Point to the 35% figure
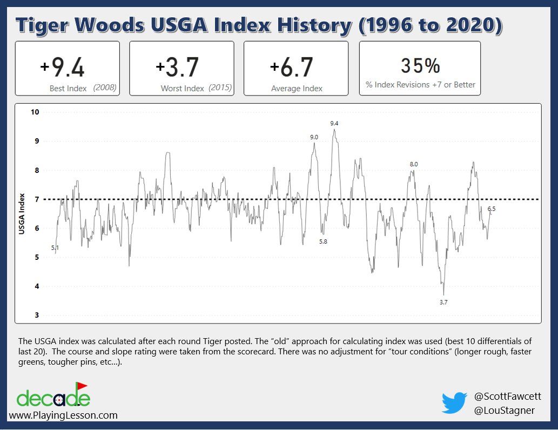point(420,65)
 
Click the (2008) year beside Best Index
point(104,88)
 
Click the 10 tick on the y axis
point(35,112)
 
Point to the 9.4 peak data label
point(334,124)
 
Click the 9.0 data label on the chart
point(314,138)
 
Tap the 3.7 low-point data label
point(443,303)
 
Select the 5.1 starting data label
point(55,247)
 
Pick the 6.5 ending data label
point(491,209)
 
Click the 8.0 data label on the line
point(414,164)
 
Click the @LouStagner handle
point(504,411)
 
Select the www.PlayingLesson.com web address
point(63,415)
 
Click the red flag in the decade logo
point(82,386)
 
